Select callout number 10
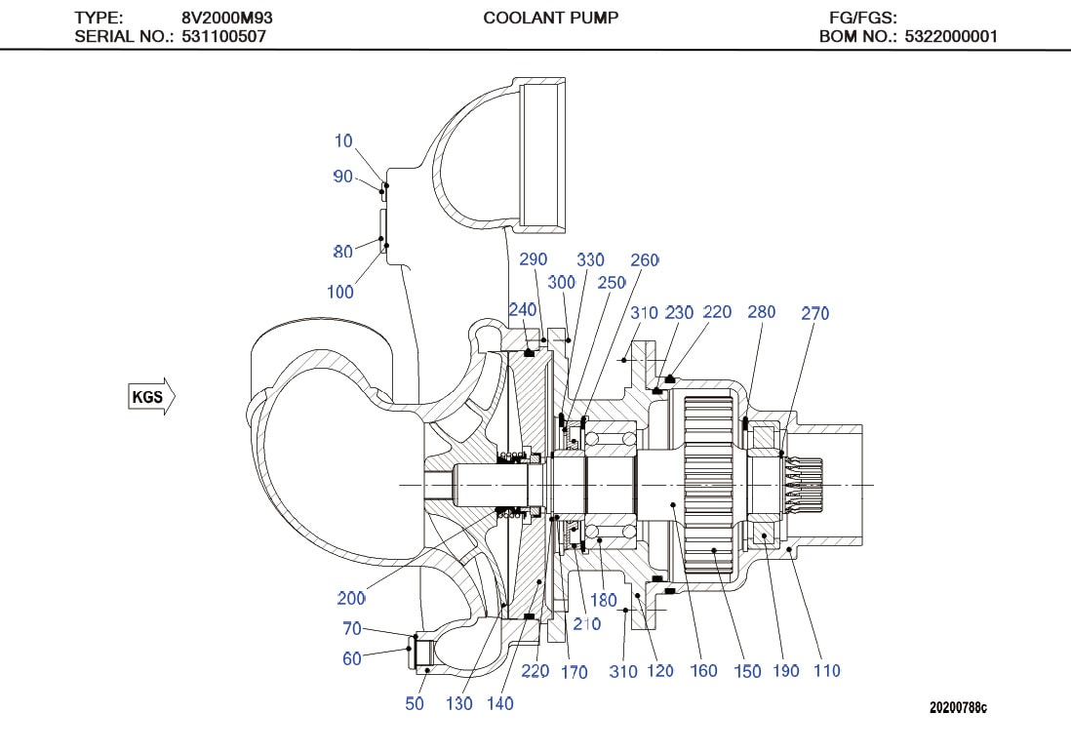coord(343,141)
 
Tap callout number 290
coord(533,259)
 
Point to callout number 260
coord(645,260)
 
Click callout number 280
coord(761,312)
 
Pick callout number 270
coord(814,313)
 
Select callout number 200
coord(351,598)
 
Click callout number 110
coord(825,670)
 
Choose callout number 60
coord(352,658)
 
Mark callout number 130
coord(458,703)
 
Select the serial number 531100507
coord(224,37)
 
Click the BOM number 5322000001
coord(950,37)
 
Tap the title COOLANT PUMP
coord(551,18)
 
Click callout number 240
coord(523,309)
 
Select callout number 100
coord(340,291)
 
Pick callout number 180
coord(604,600)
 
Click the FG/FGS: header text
coord(862,18)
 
